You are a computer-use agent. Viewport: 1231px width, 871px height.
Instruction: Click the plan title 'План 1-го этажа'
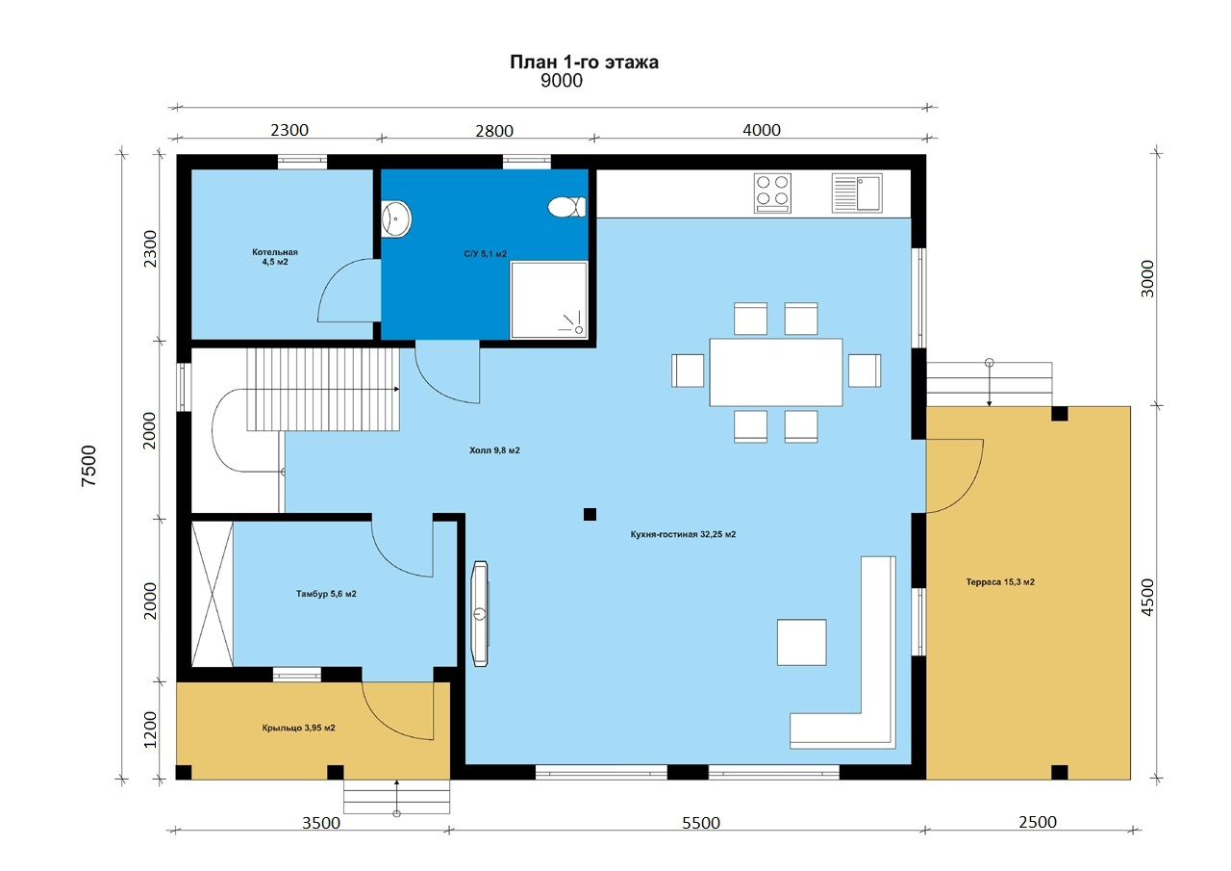(x=584, y=62)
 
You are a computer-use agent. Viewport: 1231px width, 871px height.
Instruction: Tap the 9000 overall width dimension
(x=561, y=81)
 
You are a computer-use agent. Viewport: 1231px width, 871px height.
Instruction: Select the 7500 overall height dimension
(x=88, y=466)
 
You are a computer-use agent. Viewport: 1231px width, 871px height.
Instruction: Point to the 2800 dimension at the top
(x=494, y=131)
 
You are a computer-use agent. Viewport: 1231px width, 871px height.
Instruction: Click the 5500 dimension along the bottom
(x=701, y=823)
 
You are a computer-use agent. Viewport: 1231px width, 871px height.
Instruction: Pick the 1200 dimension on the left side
(x=150, y=730)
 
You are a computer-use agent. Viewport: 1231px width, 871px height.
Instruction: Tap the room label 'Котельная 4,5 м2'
(x=275, y=257)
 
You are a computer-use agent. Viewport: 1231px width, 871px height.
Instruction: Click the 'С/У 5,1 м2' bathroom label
(x=486, y=253)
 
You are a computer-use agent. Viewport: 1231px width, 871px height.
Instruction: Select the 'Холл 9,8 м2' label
(x=494, y=450)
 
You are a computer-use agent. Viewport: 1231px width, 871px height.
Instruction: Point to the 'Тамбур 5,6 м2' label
(x=326, y=594)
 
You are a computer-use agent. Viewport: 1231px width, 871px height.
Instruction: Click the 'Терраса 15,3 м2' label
(x=1000, y=581)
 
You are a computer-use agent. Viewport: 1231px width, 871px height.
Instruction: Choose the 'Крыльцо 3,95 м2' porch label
(x=298, y=728)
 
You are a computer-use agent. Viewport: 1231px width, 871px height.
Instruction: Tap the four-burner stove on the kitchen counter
(x=772, y=193)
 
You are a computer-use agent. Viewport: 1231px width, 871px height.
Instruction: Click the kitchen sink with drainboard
(x=857, y=193)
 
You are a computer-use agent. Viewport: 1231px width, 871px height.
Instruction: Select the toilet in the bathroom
(x=566, y=207)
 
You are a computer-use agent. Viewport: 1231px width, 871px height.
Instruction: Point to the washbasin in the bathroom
(x=396, y=218)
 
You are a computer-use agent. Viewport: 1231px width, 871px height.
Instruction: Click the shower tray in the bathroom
(x=549, y=300)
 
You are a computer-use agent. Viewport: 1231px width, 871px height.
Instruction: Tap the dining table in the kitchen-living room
(x=776, y=372)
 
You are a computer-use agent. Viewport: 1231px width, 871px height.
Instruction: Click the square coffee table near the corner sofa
(x=801, y=642)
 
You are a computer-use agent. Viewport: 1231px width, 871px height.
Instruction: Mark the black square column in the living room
(x=590, y=514)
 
